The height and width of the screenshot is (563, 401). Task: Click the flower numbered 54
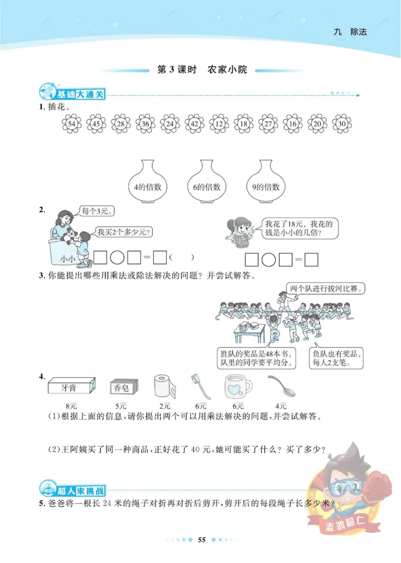[71, 123]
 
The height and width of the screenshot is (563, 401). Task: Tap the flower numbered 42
[194, 123]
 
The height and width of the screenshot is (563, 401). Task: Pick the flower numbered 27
[268, 123]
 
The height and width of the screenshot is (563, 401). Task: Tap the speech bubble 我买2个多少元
[124, 232]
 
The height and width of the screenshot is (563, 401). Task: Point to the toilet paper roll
[165, 386]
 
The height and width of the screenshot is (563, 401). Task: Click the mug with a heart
[236, 387]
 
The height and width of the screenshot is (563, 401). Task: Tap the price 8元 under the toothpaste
[71, 406]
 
